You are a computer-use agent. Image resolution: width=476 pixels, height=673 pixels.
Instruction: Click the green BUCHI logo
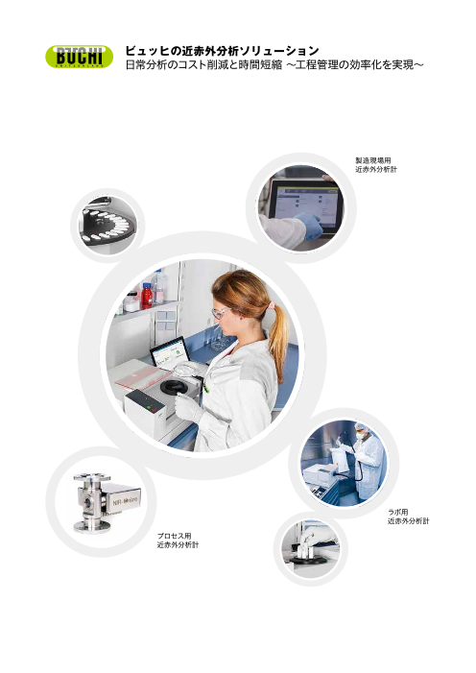point(80,57)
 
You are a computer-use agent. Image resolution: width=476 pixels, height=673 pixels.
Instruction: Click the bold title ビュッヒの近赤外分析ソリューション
point(223,51)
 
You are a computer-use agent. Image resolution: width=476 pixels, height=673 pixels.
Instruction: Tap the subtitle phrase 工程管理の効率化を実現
point(355,65)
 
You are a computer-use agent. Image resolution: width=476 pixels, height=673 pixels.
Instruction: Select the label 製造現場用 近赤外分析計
point(376,165)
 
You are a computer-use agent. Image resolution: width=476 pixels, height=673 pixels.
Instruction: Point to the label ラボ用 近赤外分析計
point(408,517)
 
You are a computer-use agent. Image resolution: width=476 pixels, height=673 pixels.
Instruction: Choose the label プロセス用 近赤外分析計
point(178,541)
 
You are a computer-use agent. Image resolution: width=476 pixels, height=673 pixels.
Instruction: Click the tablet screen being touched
point(307,207)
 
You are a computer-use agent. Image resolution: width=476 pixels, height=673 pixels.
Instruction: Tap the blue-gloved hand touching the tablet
point(309,226)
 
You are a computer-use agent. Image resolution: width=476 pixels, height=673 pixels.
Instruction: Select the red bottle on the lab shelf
point(147,296)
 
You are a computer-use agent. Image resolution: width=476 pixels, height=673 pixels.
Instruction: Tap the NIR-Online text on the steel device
point(125,501)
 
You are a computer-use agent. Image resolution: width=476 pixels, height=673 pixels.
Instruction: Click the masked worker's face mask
point(360,436)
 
